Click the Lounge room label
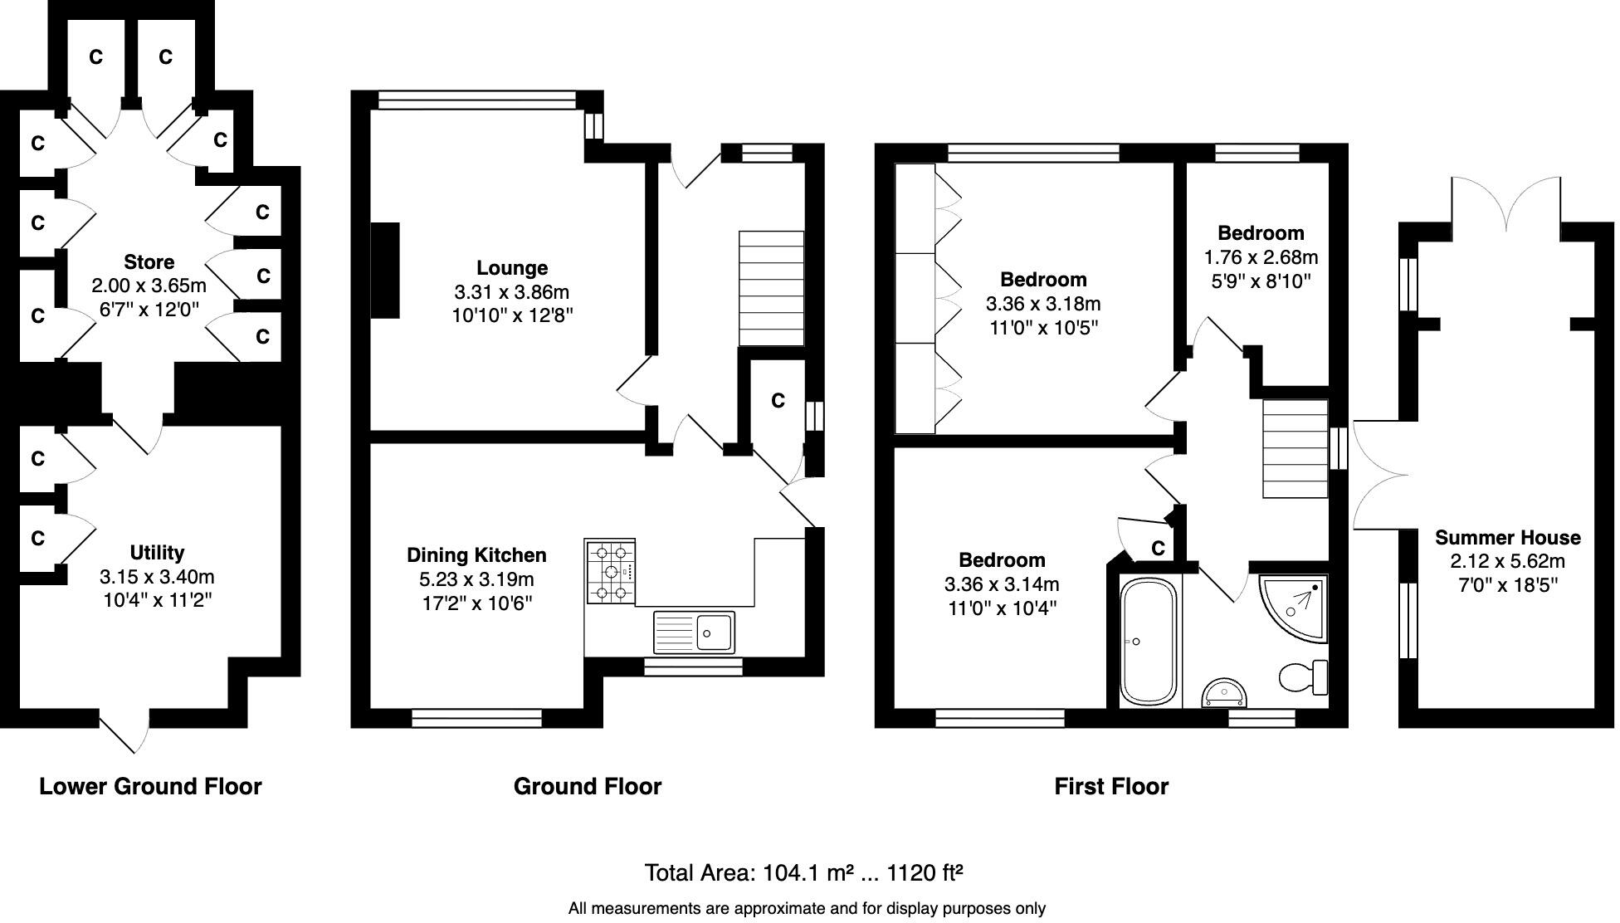pos(512,268)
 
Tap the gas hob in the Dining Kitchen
pos(610,571)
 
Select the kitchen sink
pos(695,632)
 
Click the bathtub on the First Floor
pos(1148,641)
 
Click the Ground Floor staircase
pos(771,288)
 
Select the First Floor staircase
pos(1295,448)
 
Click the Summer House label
pos(1507,538)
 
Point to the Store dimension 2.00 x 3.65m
pos(149,286)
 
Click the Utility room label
pos(157,553)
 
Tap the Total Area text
pos(803,873)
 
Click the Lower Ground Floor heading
pos(150,787)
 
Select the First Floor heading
pos(1110,787)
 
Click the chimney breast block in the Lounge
pos(384,271)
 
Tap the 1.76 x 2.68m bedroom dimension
pos(1261,257)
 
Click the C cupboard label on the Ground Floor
pos(778,401)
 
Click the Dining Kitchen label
pos(476,555)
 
